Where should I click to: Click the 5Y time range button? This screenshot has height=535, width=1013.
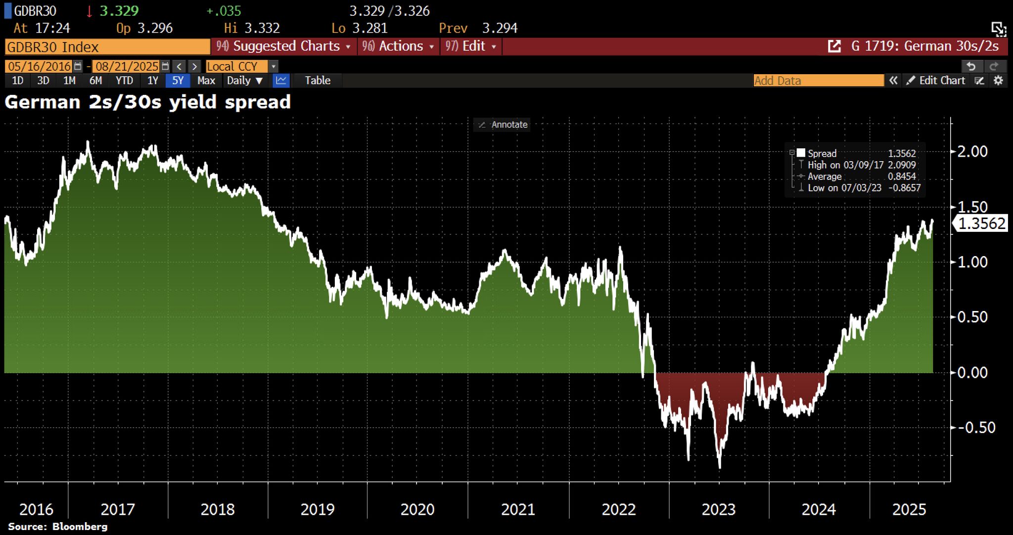pos(178,81)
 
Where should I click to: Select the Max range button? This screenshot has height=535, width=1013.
pos(206,81)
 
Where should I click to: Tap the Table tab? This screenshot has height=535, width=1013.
pos(317,81)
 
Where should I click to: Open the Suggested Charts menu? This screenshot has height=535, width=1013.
pos(283,46)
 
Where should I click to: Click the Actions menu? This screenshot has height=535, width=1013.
pos(398,46)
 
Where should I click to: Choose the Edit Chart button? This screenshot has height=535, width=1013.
pos(936,81)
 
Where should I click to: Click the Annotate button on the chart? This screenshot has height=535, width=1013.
pos(503,125)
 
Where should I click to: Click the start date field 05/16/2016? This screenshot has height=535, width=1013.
pos(39,66)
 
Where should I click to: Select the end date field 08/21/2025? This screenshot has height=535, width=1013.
pos(127,66)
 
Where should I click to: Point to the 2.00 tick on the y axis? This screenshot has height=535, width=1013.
pos(972,151)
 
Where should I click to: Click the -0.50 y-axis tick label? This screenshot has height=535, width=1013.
pos(976,428)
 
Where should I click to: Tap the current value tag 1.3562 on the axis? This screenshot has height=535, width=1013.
pos(981,223)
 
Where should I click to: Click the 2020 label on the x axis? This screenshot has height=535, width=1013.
pos(417,509)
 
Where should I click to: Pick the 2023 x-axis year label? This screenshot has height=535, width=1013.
pos(719,509)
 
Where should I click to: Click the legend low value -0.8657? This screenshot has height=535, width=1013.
pos(904,188)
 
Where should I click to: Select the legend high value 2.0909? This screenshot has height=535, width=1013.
pos(902,165)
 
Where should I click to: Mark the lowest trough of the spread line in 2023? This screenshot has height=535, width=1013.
pos(719,467)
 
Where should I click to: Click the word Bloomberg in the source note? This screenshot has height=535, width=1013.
pos(80,527)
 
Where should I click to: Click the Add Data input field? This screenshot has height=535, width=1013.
pos(818,81)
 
